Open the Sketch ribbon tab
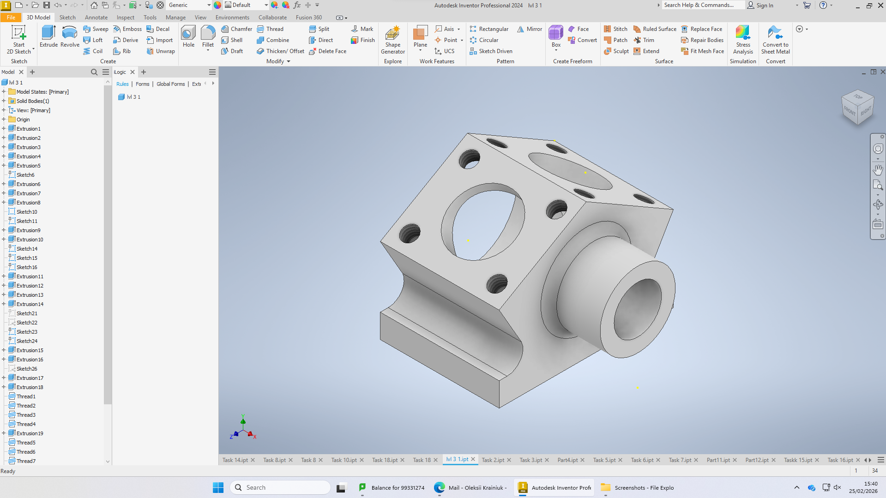[x=67, y=18]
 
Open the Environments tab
[x=232, y=18]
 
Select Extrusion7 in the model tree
[x=28, y=193]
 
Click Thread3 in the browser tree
[x=26, y=415]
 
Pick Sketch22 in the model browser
[x=27, y=323]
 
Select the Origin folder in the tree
[x=23, y=120]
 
